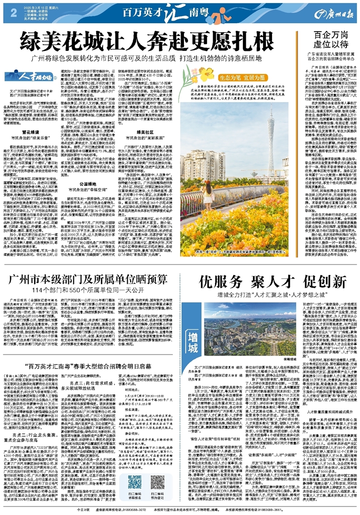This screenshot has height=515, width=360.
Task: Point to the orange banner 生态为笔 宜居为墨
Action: pyautogui.click(x=234, y=78)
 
